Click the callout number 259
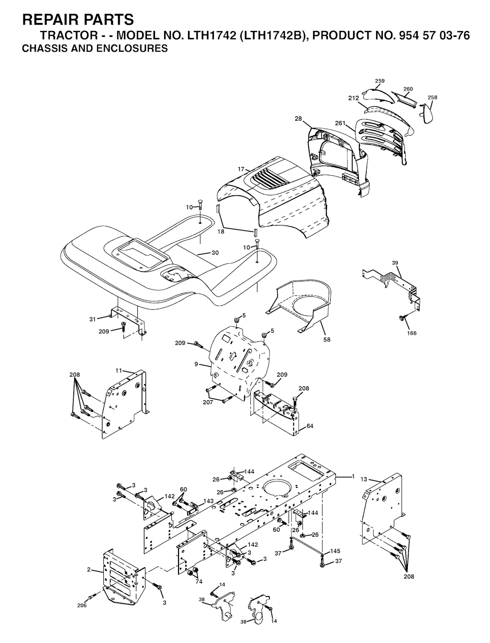coord(379,81)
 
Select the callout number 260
coord(408,89)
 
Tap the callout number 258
coord(432,98)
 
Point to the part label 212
coord(354,98)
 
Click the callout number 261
coord(340,124)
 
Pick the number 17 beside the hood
coord(241,169)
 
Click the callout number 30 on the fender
coord(215,253)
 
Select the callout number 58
coord(327,339)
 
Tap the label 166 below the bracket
coord(412,333)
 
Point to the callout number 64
coord(310,426)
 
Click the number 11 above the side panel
coord(119,370)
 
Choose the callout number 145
coord(335,551)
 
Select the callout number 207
coord(207,402)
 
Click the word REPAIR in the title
coord(50,20)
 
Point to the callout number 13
coord(364,479)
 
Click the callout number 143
coord(208,501)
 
